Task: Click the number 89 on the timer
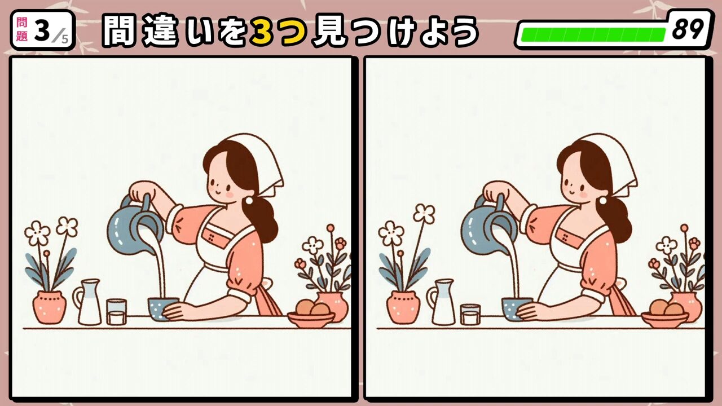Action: (x=688, y=29)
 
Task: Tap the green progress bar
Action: (x=593, y=35)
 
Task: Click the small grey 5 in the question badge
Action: (x=65, y=39)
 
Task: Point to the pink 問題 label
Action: (x=21, y=30)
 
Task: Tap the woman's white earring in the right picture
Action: (x=602, y=200)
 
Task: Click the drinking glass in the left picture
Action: (x=116, y=312)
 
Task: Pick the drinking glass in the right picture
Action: (x=470, y=314)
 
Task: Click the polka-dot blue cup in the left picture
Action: (x=162, y=308)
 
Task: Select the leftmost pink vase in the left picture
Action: (x=50, y=307)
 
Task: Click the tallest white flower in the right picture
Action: (x=424, y=213)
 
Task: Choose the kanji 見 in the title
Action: (x=329, y=31)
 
